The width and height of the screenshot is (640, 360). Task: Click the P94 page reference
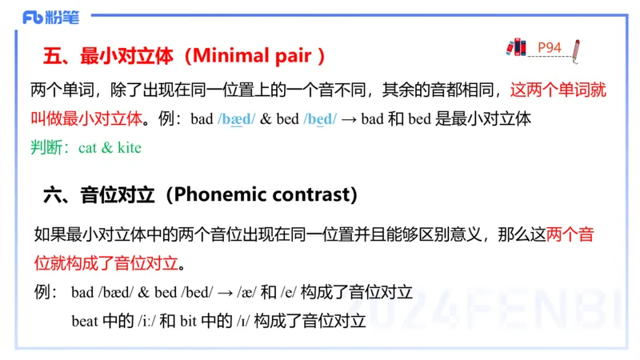point(550,48)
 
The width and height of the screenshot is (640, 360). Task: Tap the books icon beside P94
point(516,48)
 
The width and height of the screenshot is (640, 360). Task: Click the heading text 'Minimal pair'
point(255,57)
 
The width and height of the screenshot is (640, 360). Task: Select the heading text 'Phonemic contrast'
point(262,194)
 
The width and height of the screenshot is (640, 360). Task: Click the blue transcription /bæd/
point(236,120)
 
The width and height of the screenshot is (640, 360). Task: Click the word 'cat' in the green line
point(88,148)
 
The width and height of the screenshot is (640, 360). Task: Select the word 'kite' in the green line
point(129,148)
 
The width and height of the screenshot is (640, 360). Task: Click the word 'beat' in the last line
point(84,321)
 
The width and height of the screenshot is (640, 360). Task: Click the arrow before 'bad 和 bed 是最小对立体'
point(349,120)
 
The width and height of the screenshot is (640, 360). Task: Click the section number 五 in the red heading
point(52,57)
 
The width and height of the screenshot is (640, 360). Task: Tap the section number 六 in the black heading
point(52,194)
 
